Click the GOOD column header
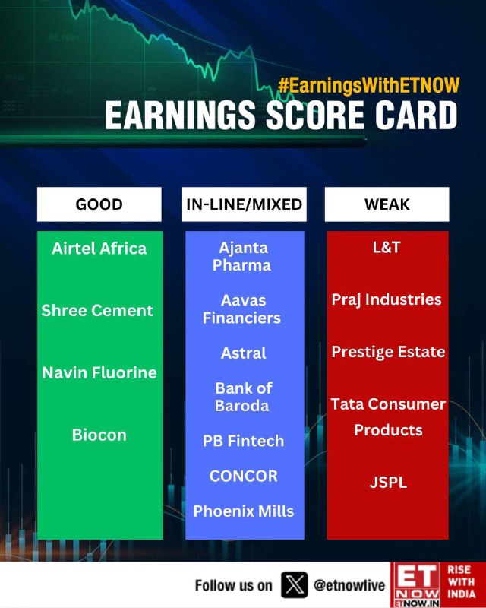(99, 204)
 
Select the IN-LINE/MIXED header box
(245, 204)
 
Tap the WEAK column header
(387, 204)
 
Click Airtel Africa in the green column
(99, 249)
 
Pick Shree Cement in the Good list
(97, 311)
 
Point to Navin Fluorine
(99, 372)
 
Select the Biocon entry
(99, 435)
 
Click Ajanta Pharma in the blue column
(242, 256)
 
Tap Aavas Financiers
(242, 309)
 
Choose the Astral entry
(244, 353)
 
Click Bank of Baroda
(243, 397)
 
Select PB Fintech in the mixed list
(244, 441)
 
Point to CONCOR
(244, 477)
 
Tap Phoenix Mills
(244, 511)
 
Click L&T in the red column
(387, 248)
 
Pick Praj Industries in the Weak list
(387, 299)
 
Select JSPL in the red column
(388, 483)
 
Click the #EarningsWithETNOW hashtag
(368, 85)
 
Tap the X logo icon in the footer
(295, 584)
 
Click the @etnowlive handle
(349, 585)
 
